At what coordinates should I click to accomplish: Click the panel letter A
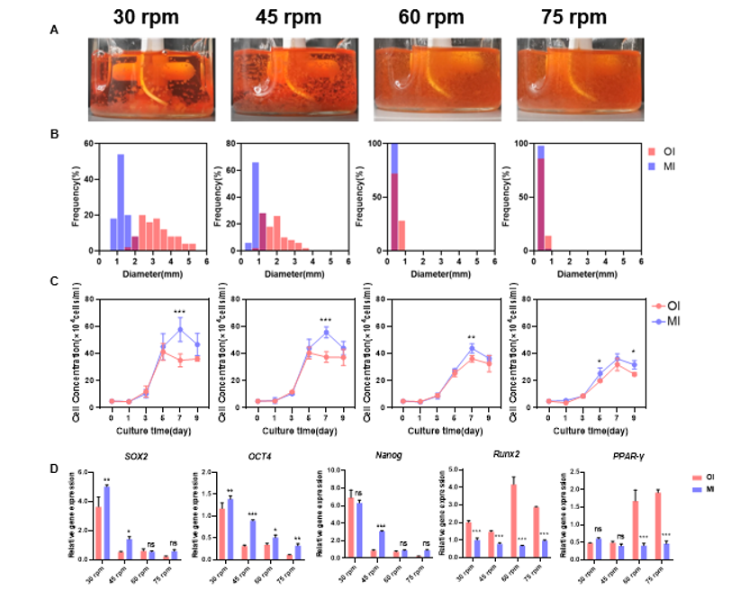pos(55,29)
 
